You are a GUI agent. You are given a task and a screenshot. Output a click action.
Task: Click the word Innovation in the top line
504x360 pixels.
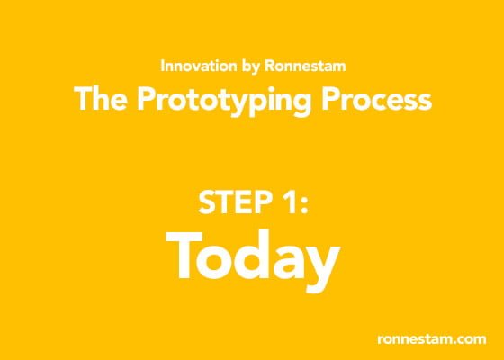pos(199,66)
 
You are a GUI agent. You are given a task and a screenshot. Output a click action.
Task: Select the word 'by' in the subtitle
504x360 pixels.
pos(250,67)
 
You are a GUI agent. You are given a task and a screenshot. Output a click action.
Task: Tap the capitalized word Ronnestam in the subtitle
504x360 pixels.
pos(305,66)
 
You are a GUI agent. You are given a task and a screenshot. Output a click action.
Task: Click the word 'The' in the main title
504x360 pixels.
pos(101,99)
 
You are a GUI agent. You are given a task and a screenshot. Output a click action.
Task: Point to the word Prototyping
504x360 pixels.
pos(224,102)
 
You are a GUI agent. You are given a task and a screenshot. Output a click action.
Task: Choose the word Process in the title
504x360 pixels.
pos(377,99)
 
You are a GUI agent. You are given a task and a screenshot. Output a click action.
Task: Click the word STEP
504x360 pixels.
pos(234,202)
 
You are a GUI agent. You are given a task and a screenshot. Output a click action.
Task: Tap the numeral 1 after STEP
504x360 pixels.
pos(287,202)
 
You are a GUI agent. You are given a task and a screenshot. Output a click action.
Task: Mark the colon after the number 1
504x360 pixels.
pos(304,206)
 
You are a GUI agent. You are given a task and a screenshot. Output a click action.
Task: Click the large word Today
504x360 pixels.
pos(253,260)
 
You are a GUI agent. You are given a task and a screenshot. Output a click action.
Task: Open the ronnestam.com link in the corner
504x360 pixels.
pos(432,339)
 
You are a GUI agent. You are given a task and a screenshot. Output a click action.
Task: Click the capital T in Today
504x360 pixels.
pos(184,256)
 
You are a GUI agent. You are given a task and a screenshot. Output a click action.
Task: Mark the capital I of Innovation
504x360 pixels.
pos(162,66)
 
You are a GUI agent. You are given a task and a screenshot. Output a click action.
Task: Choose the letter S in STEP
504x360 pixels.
pos(207,202)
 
